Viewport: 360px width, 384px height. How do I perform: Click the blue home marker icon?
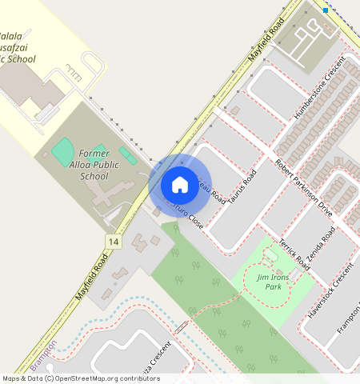click(180, 185)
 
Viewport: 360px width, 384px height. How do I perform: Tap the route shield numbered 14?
click(113, 241)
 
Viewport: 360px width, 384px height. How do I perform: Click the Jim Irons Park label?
click(267, 281)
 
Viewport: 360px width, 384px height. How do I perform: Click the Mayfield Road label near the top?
click(266, 40)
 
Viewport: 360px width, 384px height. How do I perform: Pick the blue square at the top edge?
click(326, 10)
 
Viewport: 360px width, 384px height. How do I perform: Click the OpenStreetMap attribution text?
click(80, 378)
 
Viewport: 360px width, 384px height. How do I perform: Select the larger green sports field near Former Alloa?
click(63, 151)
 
